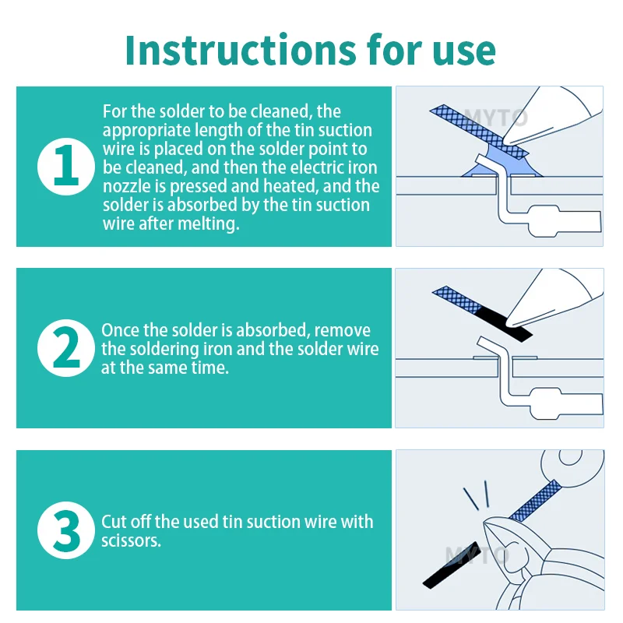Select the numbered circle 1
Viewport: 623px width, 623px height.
coord(66,167)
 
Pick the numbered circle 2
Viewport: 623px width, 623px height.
coord(66,348)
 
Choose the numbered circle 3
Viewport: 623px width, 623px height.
coord(66,530)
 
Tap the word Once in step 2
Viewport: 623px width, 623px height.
coord(120,330)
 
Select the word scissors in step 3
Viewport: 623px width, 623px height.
coord(131,540)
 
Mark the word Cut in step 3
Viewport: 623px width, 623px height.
coord(114,522)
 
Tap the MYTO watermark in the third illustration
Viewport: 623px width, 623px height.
coord(477,555)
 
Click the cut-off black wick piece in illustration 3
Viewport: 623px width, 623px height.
coord(452,565)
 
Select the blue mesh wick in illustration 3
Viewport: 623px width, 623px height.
coord(535,501)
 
